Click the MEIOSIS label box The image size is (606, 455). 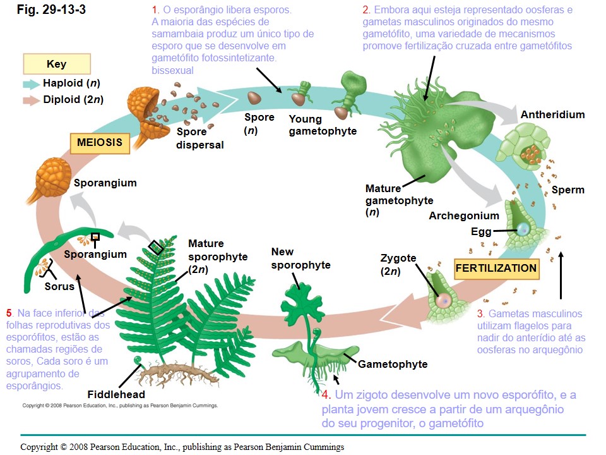[x=100, y=143]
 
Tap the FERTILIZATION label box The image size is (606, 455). [x=496, y=268]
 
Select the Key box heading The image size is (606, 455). [x=56, y=64]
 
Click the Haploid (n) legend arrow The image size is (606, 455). [x=31, y=83]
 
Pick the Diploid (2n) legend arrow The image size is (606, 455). [x=31, y=100]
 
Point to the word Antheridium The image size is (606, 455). [x=552, y=114]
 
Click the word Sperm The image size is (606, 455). [x=567, y=190]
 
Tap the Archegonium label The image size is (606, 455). [x=464, y=215]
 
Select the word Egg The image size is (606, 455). [x=481, y=231]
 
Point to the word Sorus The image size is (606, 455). [x=59, y=286]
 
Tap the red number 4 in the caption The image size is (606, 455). [x=326, y=396]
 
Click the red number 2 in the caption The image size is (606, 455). [x=366, y=11]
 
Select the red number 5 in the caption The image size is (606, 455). [x=9, y=313]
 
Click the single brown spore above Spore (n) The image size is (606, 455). [x=254, y=98]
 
